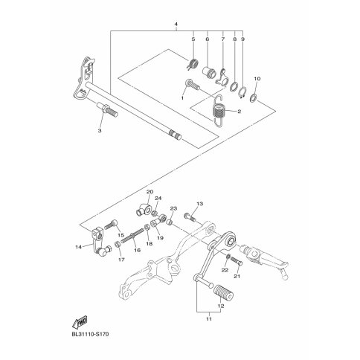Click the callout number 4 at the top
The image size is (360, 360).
[x=176, y=25]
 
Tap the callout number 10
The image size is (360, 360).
[x=257, y=79]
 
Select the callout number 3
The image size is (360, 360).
[x=100, y=131]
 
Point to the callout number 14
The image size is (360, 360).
[x=78, y=247]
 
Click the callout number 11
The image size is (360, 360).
[x=209, y=319]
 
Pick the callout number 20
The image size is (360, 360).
[x=150, y=192]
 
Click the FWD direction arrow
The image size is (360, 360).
[x=80, y=322]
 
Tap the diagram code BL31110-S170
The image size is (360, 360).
[x=90, y=335]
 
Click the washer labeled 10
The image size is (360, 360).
[x=253, y=98]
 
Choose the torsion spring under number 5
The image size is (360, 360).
[x=193, y=65]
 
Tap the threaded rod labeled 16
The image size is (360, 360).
[x=132, y=235]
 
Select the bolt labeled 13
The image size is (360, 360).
[x=190, y=217]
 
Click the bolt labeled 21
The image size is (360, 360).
[x=236, y=261]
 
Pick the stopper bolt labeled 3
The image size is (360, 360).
[x=107, y=109]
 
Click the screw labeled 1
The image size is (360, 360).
[x=193, y=85]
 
